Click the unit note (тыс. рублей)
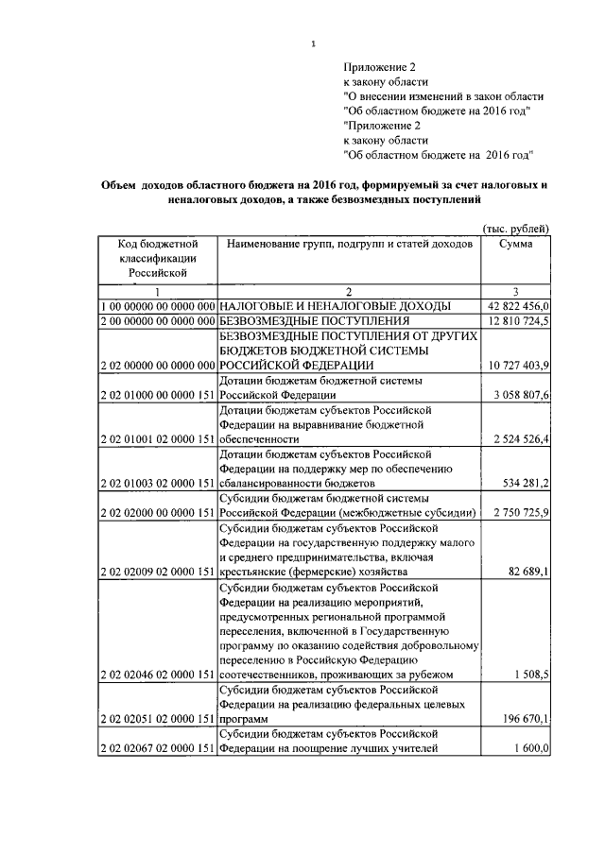coord(515,230)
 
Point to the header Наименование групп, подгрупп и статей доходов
coord(349,244)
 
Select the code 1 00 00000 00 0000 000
coord(158,306)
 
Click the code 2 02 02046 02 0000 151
coord(158,675)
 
